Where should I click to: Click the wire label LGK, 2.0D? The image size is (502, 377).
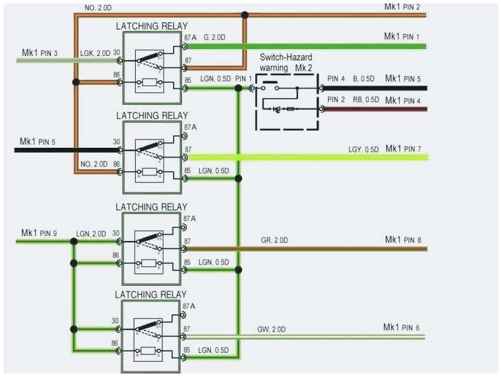[95, 52]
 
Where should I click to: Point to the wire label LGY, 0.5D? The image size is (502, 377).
[363, 149]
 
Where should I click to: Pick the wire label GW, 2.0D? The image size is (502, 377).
[272, 329]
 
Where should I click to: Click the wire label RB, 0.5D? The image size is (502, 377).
[366, 100]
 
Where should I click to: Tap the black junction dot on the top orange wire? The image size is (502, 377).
[245, 14]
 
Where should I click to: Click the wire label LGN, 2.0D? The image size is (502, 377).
[91, 234]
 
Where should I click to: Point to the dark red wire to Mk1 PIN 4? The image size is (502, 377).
[372, 109]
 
